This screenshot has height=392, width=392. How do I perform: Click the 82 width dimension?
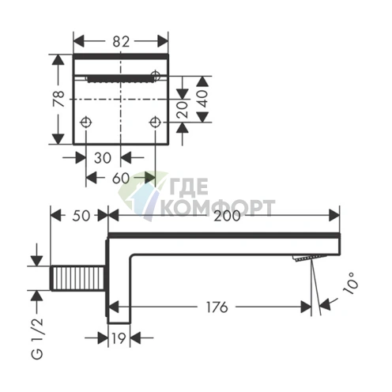(121, 42)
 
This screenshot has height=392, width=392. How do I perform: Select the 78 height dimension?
(59, 99)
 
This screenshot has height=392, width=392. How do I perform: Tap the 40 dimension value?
(203, 99)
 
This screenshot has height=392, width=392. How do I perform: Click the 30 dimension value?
(103, 158)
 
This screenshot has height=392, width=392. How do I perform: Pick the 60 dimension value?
(121, 179)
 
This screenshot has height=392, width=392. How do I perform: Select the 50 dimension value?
(81, 216)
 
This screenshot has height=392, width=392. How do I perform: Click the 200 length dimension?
(227, 216)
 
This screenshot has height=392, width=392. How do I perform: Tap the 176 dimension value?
(217, 307)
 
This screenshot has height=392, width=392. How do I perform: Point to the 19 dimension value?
(119, 338)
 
